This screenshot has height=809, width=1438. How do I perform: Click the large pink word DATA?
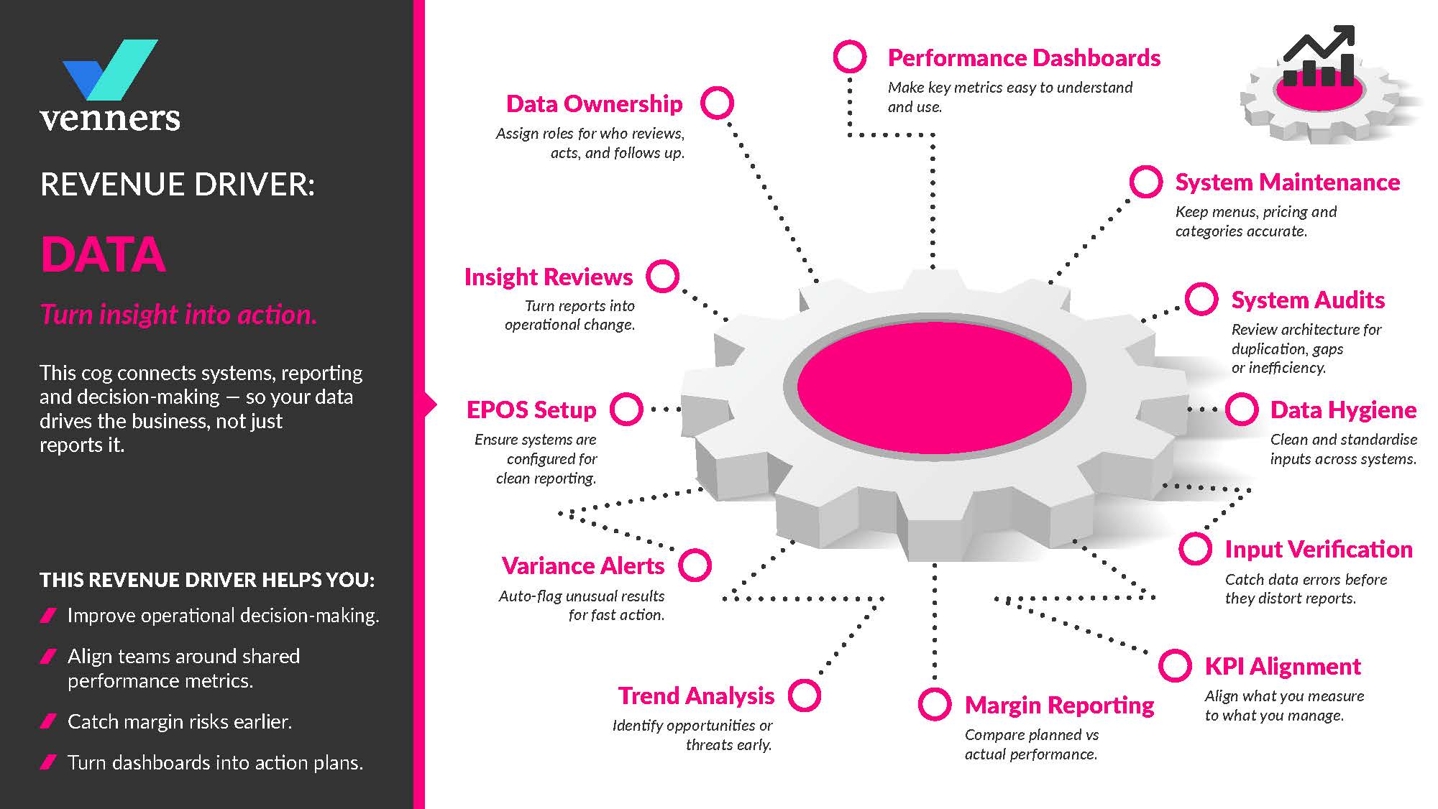pos(103,254)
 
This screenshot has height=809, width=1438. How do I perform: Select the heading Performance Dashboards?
pos(1024,57)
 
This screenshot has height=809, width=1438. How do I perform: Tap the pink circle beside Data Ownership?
pos(717,103)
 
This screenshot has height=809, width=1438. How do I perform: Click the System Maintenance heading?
pos(1287,182)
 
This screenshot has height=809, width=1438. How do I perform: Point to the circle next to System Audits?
pos(1201,300)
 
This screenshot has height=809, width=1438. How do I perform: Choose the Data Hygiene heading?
pos(1343,410)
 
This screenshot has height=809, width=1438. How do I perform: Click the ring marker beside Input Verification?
pos(1195,549)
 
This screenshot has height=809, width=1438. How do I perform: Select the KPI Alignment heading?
pos(1283,667)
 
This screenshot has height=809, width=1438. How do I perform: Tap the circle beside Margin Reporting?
pos(935,704)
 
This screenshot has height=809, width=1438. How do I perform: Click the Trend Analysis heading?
pos(696,696)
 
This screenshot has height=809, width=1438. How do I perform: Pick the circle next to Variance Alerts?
pos(695,565)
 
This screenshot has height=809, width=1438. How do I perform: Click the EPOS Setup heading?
pos(531,410)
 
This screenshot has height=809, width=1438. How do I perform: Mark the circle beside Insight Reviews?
pos(662,276)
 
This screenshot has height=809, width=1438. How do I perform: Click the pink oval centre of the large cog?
pos(934,387)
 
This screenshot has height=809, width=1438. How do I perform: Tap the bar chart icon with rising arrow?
pos(1319,57)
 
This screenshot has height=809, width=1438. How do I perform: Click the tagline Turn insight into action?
pos(178,315)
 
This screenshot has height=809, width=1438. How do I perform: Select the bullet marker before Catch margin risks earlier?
pos(48,721)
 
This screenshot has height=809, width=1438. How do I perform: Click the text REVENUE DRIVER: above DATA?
pos(178,185)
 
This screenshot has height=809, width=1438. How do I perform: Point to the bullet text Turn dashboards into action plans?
pos(215,762)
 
